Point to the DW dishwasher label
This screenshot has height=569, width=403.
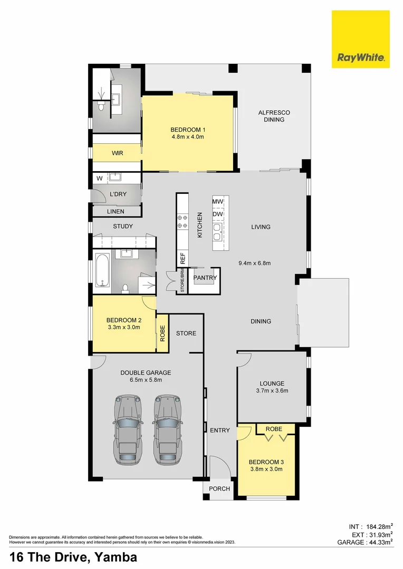217,214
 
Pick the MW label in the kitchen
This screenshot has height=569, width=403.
217,201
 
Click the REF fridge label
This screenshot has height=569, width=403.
183,259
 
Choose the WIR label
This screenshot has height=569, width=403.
117,153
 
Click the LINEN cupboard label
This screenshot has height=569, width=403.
116,211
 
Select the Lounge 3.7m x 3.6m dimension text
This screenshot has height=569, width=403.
272,391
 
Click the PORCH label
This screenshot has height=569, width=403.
219,488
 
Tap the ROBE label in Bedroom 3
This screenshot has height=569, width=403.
273,429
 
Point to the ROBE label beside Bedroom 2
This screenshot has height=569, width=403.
162,333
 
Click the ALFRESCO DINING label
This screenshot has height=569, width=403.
274,116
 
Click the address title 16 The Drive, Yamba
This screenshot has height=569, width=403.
73,557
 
